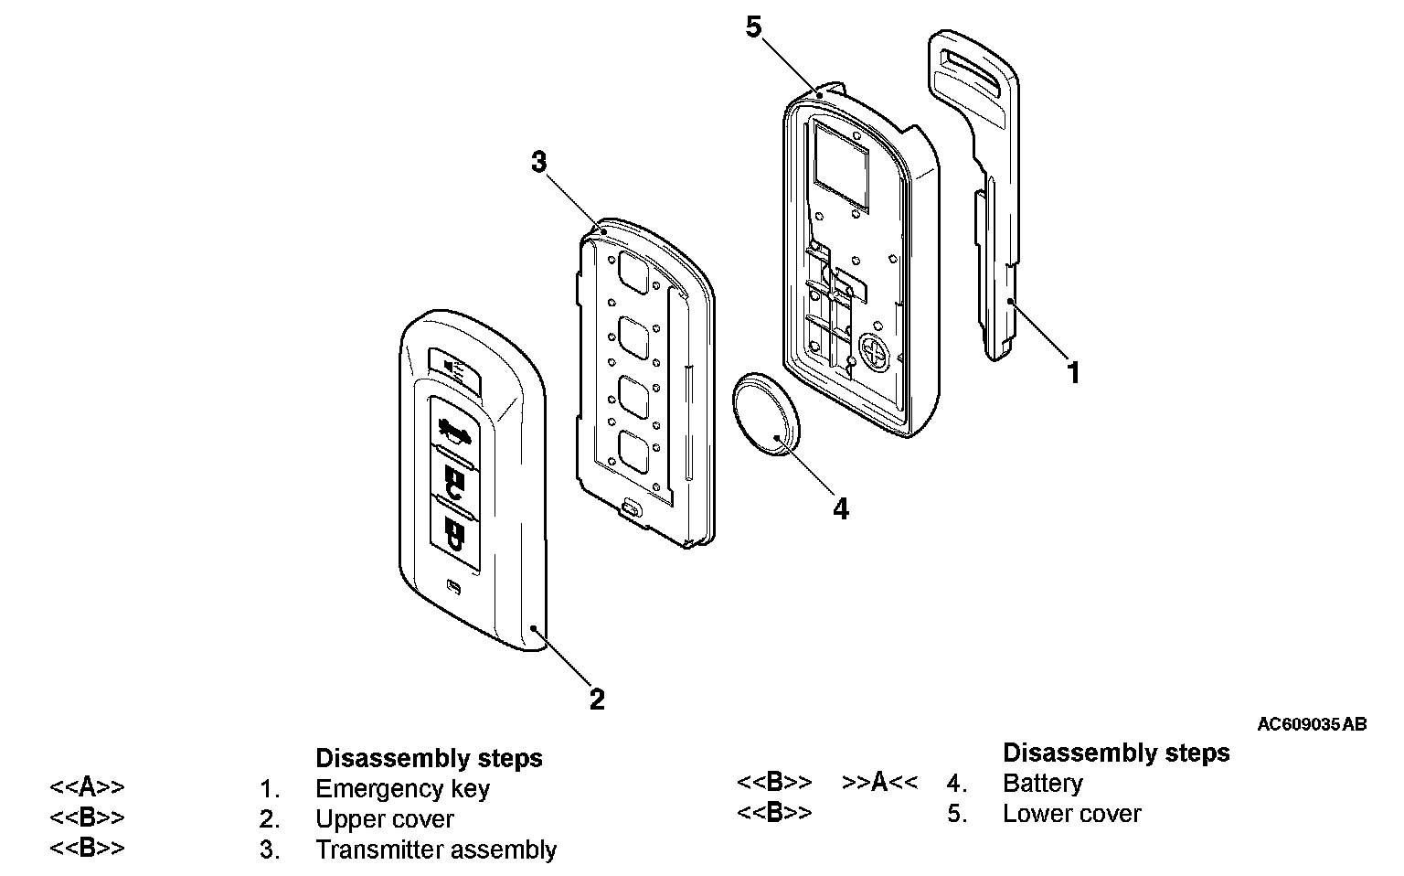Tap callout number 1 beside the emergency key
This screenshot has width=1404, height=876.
[1074, 373]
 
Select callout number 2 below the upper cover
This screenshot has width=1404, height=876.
[596, 700]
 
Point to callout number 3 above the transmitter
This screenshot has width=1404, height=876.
[539, 163]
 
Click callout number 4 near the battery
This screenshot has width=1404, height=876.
[840, 509]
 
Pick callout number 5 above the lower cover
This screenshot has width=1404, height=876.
[753, 27]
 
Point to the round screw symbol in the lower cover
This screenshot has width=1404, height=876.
[874, 350]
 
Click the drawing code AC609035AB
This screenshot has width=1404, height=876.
[1312, 724]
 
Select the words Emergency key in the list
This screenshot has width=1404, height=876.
[402, 788]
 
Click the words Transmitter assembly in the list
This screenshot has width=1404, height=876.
[436, 849]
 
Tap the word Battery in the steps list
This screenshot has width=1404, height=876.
[1042, 784]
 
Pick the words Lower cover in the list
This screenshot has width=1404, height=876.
[1071, 814]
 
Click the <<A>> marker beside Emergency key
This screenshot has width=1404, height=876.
[87, 787]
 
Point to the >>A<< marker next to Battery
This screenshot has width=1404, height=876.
[879, 783]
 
